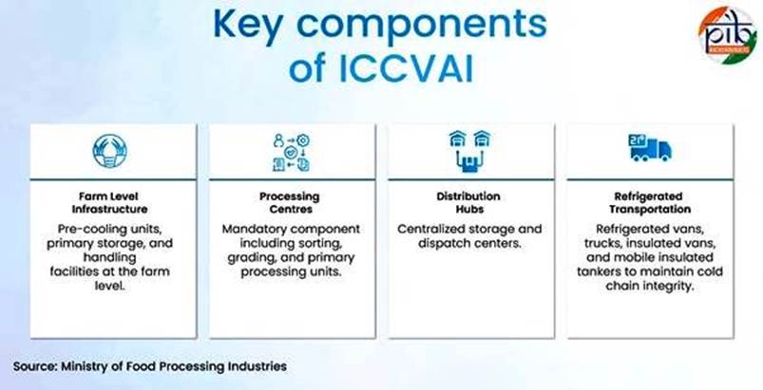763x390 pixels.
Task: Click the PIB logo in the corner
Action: click(728, 34)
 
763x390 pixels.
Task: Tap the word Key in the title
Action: click(248, 25)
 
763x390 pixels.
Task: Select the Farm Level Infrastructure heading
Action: click(109, 203)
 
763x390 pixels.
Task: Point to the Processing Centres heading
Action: click(290, 203)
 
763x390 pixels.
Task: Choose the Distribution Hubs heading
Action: click(468, 203)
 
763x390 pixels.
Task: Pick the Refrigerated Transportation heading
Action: click(650, 203)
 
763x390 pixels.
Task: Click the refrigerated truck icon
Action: click(650, 148)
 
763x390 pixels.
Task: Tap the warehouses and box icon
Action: click(470, 152)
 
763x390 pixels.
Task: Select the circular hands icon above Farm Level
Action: click(109, 152)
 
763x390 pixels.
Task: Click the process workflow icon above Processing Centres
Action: click(291, 153)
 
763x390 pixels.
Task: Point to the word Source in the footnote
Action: click(34, 366)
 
